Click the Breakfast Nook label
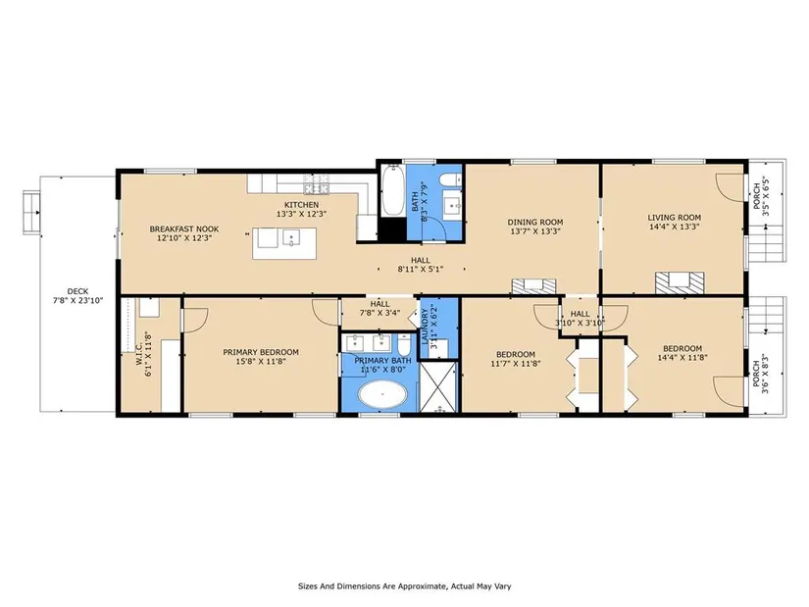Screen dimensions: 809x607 [184, 229]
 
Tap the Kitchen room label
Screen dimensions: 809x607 [302, 205]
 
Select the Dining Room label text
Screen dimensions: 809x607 [535, 223]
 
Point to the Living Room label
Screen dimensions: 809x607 [675, 218]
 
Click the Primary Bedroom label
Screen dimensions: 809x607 [261, 352]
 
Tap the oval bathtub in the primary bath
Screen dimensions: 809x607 [382, 395]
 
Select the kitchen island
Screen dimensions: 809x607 [284, 242]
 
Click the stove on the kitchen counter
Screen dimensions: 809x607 [317, 183]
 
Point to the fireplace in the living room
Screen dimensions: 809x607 [680, 282]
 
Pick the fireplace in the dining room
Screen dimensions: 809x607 [534, 286]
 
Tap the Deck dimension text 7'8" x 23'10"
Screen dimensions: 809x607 [77, 300]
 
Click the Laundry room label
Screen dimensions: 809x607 [426, 327]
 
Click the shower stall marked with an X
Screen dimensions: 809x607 [438, 387]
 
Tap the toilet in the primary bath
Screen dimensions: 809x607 [404, 344]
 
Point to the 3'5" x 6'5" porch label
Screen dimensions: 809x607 [761, 197]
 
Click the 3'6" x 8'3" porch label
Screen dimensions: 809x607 [761, 373]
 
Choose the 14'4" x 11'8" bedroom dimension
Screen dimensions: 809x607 [683, 357]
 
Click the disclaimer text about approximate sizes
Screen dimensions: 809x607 [404, 586]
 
